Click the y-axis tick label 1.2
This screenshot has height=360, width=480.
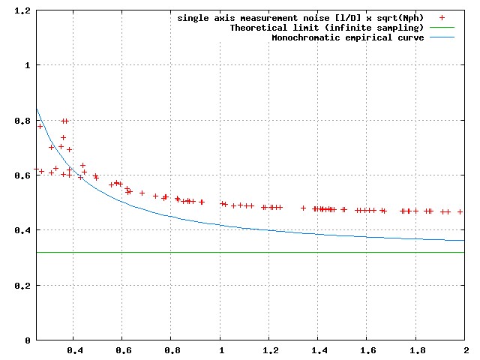[22, 10]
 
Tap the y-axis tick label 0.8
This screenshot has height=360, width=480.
[22, 121]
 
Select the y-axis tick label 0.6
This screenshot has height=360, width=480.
[22, 175]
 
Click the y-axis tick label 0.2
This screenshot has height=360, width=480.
[22, 286]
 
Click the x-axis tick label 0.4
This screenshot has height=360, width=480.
[73, 349]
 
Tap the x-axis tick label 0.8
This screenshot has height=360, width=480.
[172, 349]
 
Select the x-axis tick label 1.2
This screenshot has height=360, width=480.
[269, 349]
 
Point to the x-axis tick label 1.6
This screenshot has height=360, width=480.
[367, 349]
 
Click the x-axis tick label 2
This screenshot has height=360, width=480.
[465, 349]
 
